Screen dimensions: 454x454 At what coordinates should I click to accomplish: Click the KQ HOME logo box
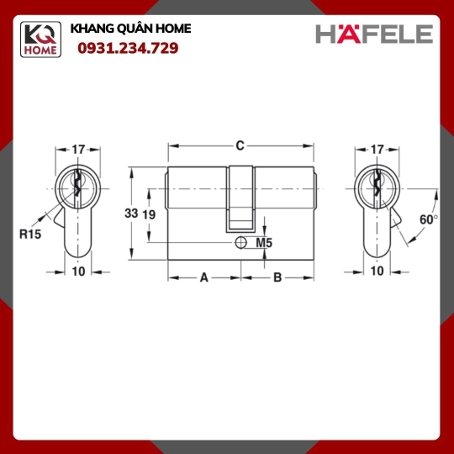(40, 40)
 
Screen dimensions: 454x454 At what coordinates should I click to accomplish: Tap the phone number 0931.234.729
(128, 49)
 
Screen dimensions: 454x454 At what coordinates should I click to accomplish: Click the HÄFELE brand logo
(374, 33)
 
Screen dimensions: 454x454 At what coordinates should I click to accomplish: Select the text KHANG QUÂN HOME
(130, 29)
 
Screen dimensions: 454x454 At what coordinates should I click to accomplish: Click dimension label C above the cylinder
(240, 145)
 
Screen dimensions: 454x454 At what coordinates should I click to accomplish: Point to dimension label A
(204, 277)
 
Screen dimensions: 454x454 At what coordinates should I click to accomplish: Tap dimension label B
(277, 277)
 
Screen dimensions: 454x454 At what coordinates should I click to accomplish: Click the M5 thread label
(264, 243)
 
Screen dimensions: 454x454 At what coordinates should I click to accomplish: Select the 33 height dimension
(131, 214)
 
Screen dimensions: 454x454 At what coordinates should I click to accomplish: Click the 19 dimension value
(149, 214)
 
